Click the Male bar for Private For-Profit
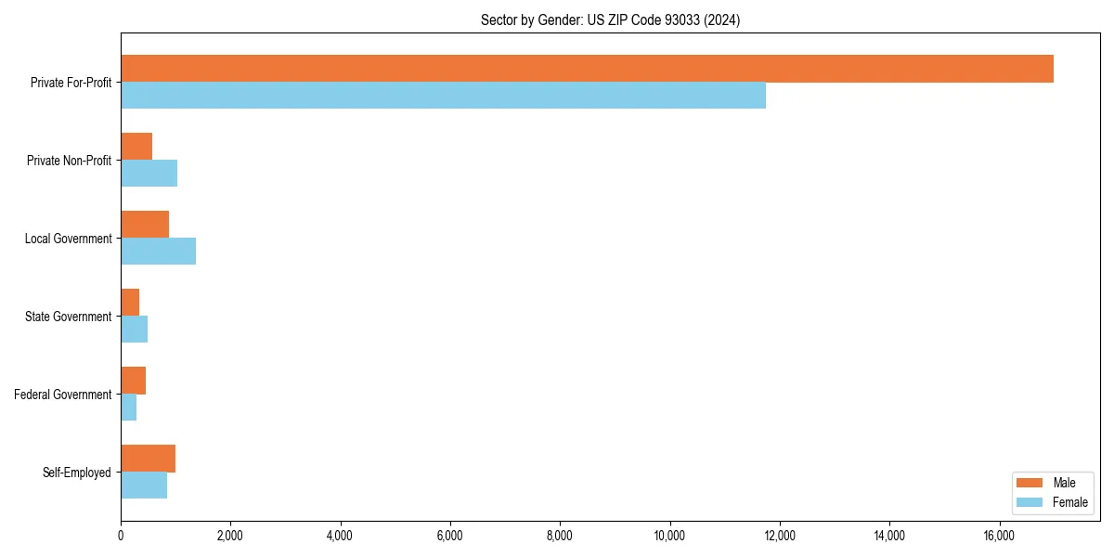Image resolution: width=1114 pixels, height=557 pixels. [x=587, y=69]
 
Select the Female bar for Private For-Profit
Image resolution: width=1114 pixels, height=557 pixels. [x=443, y=96]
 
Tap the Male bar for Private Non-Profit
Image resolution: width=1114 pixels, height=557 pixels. [x=136, y=147]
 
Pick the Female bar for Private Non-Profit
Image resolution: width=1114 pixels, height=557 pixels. [x=149, y=174]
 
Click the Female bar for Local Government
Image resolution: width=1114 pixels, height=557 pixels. [x=158, y=252]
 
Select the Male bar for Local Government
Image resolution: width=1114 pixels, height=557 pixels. [x=145, y=225]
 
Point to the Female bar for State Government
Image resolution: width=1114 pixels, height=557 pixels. [x=134, y=330]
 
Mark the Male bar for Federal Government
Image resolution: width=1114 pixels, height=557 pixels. [x=133, y=381]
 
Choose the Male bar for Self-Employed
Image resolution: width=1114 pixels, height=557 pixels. [x=148, y=459]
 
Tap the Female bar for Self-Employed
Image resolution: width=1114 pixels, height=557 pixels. [x=144, y=486]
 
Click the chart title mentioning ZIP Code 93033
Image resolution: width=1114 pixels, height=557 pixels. [x=610, y=19]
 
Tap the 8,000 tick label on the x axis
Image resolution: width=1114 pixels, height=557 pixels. [x=560, y=535]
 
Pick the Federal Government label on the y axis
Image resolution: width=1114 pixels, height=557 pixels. [x=63, y=395]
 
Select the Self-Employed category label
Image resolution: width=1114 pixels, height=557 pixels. [x=77, y=473]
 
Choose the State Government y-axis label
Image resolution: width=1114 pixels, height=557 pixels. [x=69, y=317]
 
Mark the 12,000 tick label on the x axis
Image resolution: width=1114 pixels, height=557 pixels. [x=779, y=535]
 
